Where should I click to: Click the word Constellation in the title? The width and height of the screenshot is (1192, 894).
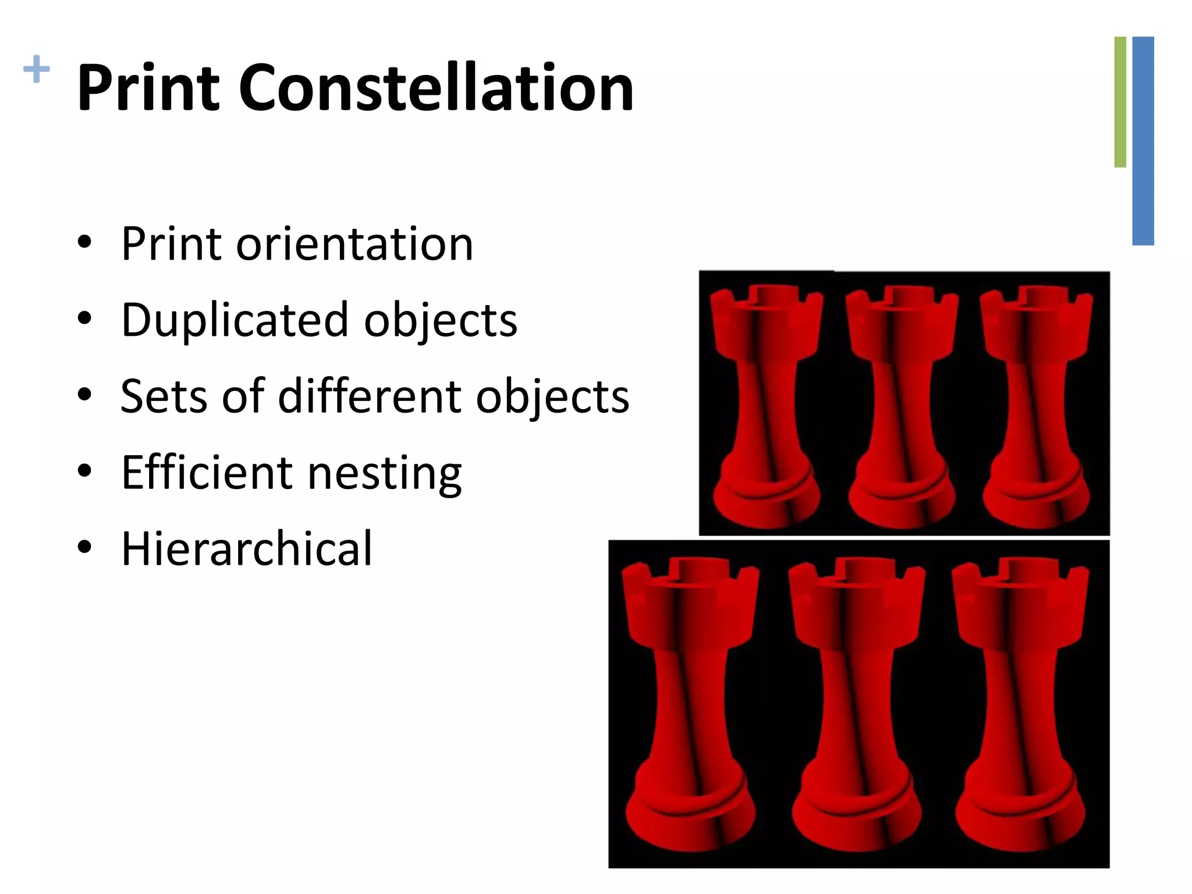pyautogui.click(x=436, y=88)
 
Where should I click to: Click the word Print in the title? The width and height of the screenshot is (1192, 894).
pyautogui.click(x=148, y=88)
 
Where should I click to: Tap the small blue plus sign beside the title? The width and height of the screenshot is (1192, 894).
pyautogui.click(x=36, y=69)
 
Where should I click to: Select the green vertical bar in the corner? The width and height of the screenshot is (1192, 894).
pyautogui.click(x=1120, y=102)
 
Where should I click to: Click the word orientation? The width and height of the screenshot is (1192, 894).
pyautogui.click(x=354, y=244)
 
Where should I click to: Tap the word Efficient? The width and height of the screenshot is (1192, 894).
pyautogui.click(x=207, y=472)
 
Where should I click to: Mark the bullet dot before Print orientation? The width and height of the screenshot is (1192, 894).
pyautogui.click(x=84, y=243)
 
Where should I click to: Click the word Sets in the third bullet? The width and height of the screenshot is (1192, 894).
pyautogui.click(x=164, y=396)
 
